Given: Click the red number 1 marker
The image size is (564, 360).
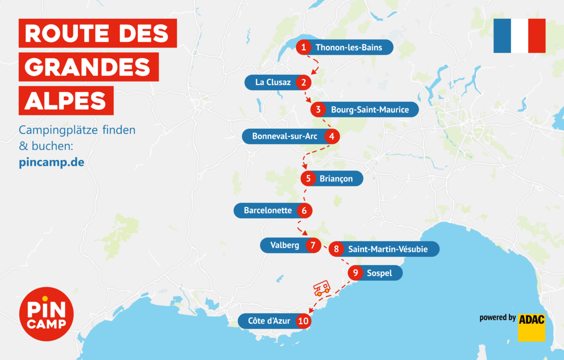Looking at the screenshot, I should click(x=304, y=47).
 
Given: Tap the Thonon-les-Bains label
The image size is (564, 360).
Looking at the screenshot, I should click(x=348, y=48).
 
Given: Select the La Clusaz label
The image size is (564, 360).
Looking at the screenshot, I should click(x=273, y=83).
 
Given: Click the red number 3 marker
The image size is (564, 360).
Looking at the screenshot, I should click(x=318, y=109).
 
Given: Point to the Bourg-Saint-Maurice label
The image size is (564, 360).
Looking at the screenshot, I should click(x=370, y=110).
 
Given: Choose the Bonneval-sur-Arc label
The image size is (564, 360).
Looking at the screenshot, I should click(x=284, y=136).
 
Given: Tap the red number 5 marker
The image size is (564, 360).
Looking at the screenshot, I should click(x=308, y=179).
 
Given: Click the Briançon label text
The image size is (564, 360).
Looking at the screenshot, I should click(x=336, y=179).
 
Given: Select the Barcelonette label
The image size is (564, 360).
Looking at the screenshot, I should click(x=268, y=210).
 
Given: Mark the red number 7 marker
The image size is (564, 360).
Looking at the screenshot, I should click(x=313, y=245).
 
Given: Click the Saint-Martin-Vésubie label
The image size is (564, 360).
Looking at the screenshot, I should click(x=388, y=249).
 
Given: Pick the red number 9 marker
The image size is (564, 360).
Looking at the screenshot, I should click(x=355, y=273).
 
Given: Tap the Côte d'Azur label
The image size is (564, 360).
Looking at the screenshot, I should click(x=269, y=321).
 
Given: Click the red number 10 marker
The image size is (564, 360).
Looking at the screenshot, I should click(x=304, y=321).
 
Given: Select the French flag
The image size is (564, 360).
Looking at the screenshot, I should click(x=519, y=35).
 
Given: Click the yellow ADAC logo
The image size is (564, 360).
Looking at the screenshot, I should click(x=532, y=327).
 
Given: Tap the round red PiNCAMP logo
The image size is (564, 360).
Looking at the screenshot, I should click(x=46, y=314).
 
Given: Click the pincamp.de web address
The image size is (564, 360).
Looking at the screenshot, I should click(x=52, y=162).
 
